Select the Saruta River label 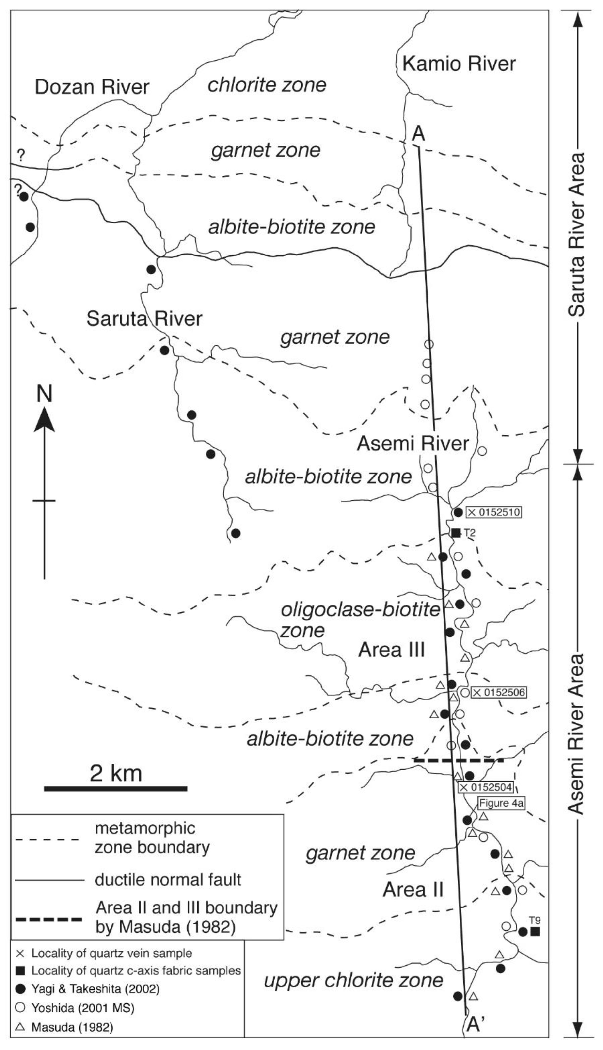pyautogui.click(x=144, y=319)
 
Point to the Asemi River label pyautogui.click(x=413, y=444)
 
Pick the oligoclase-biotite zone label pyautogui.click(x=360, y=620)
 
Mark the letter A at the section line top pyautogui.click(x=418, y=135)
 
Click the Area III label pyautogui.click(x=391, y=650)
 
